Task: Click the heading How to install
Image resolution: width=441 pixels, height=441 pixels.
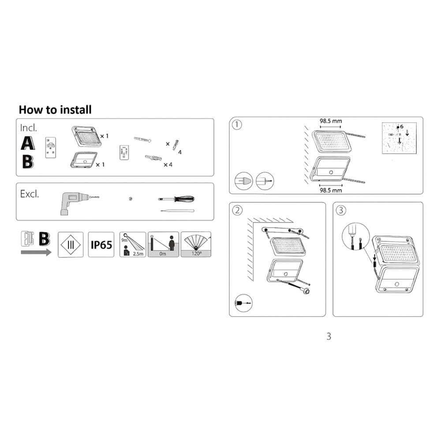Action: (55, 110)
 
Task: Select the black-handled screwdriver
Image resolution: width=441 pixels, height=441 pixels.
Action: (176, 199)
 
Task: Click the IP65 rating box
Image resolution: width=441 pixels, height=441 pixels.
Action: (101, 244)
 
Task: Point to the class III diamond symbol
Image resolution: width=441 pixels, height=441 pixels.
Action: (71, 244)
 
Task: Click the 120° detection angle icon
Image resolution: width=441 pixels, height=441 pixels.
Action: (196, 244)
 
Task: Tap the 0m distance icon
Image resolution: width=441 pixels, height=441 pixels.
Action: (163, 244)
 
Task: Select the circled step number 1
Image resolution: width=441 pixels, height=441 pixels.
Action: (237, 125)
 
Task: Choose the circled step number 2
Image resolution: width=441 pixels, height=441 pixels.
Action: (237, 210)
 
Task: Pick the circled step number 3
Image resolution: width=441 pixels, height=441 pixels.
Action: (341, 210)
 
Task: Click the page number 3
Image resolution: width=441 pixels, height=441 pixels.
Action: (329, 336)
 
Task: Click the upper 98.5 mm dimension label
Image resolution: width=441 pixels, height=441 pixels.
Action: (331, 121)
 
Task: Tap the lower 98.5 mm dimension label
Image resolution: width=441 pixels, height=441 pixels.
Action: (331, 191)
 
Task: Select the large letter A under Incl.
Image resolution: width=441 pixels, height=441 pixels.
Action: (28, 143)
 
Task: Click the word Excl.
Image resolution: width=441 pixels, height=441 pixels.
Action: (29, 194)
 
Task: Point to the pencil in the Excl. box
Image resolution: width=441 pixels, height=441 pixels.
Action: (177, 210)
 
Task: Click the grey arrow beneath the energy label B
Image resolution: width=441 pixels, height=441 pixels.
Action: (36, 252)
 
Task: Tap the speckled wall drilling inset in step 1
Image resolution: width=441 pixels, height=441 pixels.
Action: (399, 138)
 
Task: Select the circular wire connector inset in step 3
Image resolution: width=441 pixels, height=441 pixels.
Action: (355, 236)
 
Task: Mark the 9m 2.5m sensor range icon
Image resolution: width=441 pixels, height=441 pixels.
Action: (133, 244)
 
